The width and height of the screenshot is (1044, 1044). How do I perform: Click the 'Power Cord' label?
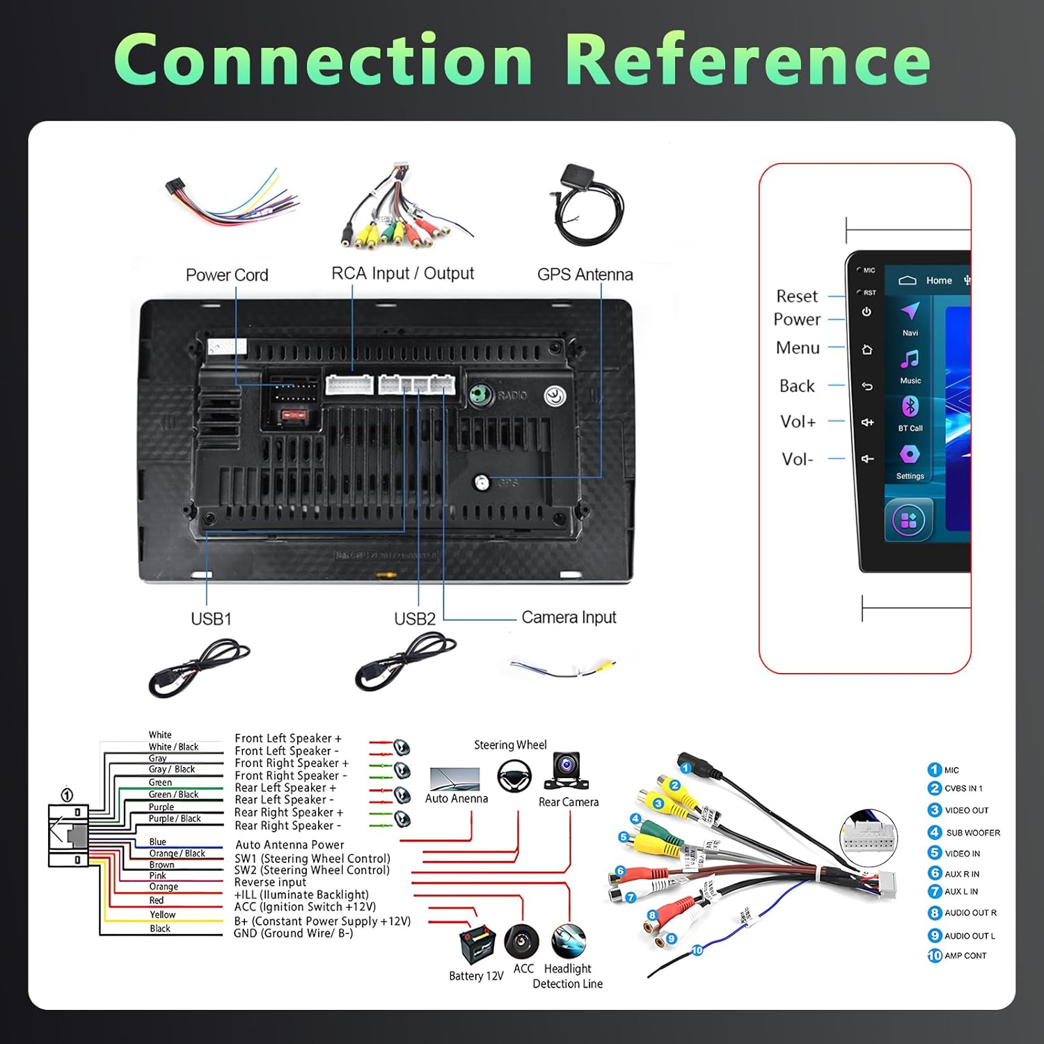point(227,275)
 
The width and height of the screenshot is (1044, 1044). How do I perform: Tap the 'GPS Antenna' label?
point(585,274)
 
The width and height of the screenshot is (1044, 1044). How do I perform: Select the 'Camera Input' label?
point(569,617)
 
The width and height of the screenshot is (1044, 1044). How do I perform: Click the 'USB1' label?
point(211,619)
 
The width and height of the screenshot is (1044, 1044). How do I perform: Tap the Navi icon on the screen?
point(910,311)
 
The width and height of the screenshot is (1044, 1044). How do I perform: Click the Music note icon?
point(910,359)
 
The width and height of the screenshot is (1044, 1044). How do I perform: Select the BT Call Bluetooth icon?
point(910,406)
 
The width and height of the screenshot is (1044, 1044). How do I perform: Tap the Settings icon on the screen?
point(910,454)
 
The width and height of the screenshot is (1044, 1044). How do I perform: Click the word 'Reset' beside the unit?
point(797,296)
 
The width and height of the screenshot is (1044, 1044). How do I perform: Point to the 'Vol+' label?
point(798,422)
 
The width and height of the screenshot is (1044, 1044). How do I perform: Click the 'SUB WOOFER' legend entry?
point(972,832)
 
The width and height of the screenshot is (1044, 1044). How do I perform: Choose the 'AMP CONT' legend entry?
point(965,956)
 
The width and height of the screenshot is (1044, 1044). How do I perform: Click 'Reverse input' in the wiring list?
point(270,883)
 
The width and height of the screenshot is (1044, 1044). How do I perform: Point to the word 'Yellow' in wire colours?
point(162,915)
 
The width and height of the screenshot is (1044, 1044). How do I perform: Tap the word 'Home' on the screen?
point(939,280)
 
